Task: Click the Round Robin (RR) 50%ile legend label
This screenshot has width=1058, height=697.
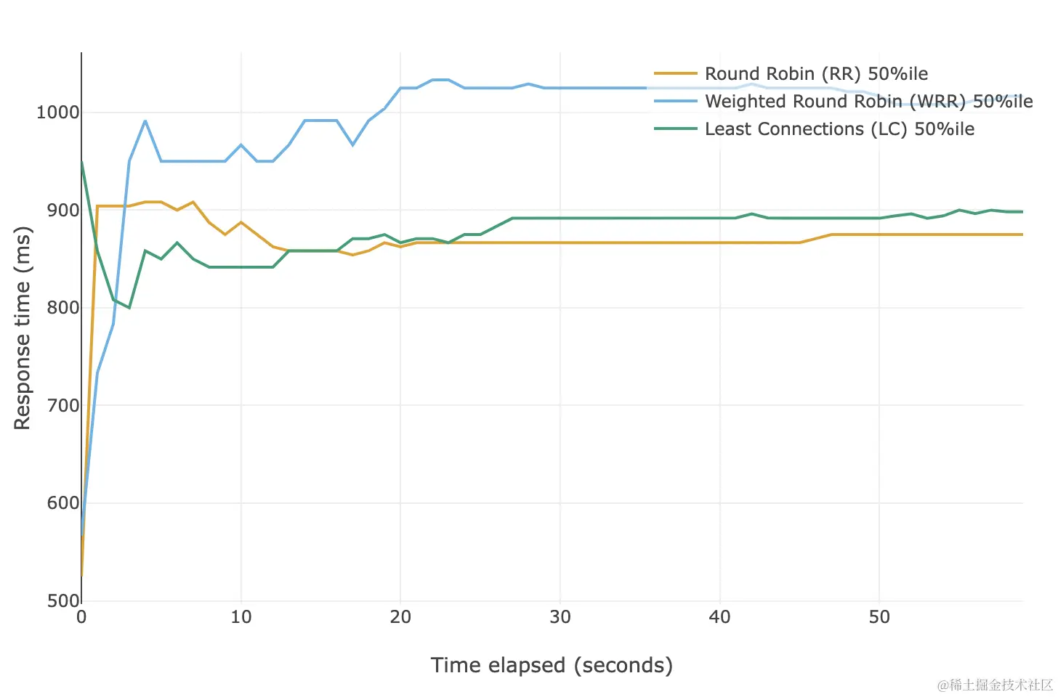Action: (816, 74)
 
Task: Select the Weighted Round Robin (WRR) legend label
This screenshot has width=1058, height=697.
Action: (868, 102)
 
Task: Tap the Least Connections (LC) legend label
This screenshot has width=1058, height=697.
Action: (839, 129)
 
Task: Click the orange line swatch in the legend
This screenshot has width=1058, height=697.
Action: (675, 74)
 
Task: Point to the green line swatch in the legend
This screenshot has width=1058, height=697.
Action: (675, 129)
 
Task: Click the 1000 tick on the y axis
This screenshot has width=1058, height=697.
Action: (57, 113)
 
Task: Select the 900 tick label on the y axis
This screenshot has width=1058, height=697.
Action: (62, 211)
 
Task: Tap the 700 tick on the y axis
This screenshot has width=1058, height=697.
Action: (62, 406)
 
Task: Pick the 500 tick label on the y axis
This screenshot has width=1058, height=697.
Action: (62, 601)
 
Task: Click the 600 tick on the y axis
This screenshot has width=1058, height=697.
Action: (62, 503)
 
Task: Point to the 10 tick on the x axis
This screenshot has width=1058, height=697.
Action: (241, 618)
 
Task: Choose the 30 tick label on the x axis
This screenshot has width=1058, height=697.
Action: (560, 618)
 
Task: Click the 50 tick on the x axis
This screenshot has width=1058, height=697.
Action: (879, 618)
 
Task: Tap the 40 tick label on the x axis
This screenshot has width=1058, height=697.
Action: (719, 618)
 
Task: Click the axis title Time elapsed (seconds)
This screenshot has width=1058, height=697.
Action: (552, 666)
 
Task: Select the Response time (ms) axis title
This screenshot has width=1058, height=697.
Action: (23, 328)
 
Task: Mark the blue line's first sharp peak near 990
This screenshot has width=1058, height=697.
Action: (145, 121)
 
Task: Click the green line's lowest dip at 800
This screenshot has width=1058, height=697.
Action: (129, 308)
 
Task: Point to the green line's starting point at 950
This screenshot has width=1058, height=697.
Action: (82, 161)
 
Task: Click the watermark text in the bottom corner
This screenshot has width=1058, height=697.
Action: (995, 685)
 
